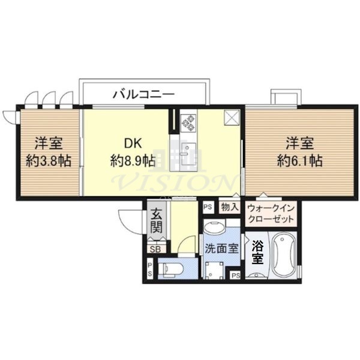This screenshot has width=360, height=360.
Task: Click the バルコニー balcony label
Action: [143, 94]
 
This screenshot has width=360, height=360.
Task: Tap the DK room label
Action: [132, 143]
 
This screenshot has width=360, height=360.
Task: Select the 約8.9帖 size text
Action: [132, 160]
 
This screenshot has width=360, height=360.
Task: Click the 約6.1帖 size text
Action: [301, 160]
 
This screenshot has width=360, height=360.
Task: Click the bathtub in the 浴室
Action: [282, 257]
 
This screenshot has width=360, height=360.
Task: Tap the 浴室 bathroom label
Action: [257, 252]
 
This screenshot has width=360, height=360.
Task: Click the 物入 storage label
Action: [230, 206]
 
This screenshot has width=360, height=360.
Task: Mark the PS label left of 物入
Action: [208, 206]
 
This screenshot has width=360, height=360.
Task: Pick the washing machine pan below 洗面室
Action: [214, 270]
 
